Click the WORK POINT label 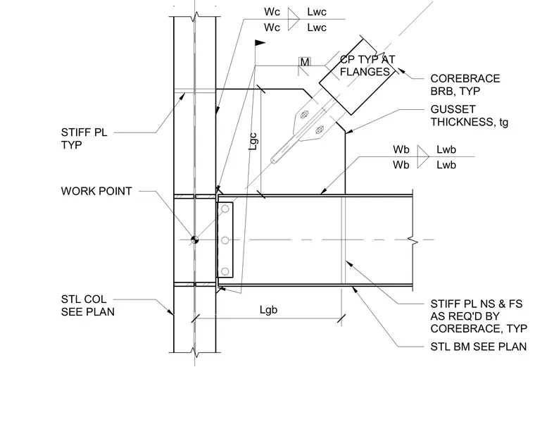tap(96, 191)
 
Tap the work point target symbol tap(194, 240)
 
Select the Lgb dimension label tap(268, 310)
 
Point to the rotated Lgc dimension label tap(253, 142)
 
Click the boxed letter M tap(305, 62)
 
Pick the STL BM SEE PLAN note tap(479, 347)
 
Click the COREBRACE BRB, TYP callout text tap(465, 85)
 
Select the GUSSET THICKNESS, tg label tap(469, 116)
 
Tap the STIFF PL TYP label tap(84, 138)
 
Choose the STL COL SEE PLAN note tap(88, 306)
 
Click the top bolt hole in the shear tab tap(225, 209)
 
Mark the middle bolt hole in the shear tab tap(225, 240)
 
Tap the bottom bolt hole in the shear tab tap(225, 271)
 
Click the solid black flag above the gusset tap(260, 43)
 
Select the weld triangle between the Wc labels tap(294, 19)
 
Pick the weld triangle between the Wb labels tap(423, 156)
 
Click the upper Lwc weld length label tap(317, 12)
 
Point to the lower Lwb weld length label tap(446, 165)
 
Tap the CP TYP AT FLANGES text tap(367, 66)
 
